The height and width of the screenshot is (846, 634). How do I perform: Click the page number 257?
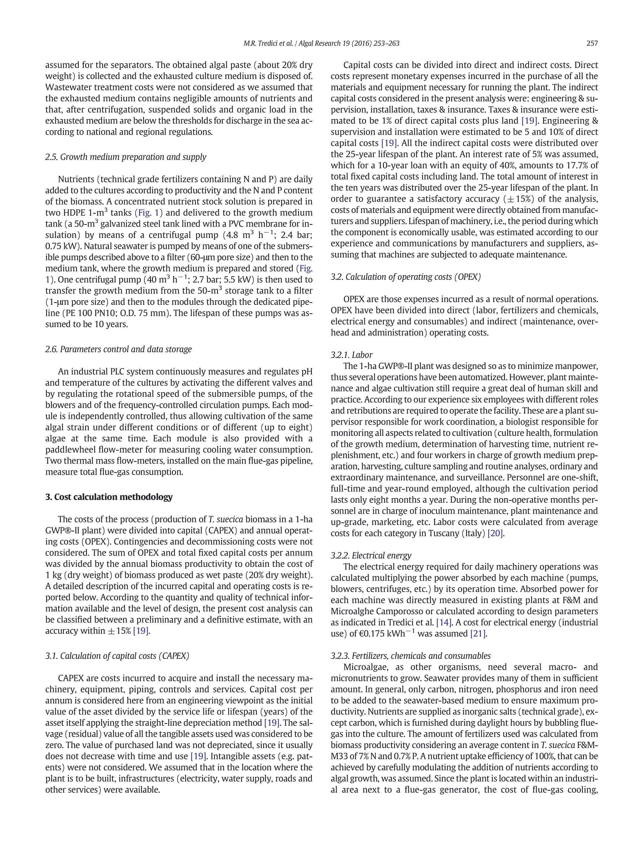pyautogui.click(x=592, y=44)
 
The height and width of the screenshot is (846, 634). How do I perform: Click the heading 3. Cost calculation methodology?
pyautogui.click(x=109, y=497)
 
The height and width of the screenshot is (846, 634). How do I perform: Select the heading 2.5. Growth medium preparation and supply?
pyautogui.click(x=126, y=157)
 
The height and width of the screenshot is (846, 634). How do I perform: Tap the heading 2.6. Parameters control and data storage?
pyautogui.click(x=119, y=349)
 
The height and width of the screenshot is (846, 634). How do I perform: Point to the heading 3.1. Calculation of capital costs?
pyautogui.click(x=117, y=656)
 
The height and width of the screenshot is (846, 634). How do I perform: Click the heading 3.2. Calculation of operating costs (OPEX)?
pyautogui.click(x=406, y=277)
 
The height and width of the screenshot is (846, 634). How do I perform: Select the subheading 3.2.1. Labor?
pyautogui.click(x=352, y=355)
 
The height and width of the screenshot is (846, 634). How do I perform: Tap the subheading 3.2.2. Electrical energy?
pyautogui.click(x=371, y=555)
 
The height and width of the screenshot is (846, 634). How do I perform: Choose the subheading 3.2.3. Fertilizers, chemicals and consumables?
pyautogui.click(x=410, y=656)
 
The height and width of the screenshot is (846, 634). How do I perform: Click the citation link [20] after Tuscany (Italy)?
pyautogui.click(x=496, y=533)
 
